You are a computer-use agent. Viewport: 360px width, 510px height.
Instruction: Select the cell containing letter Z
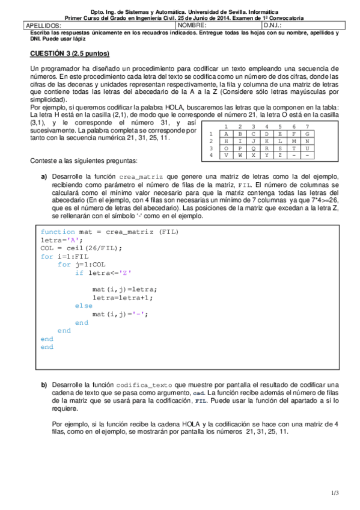click(279, 155)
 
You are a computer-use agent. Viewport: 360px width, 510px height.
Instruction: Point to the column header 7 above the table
click(307, 126)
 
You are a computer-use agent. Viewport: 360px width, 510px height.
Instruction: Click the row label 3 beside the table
click(211, 148)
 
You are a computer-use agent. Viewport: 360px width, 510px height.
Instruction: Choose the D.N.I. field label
click(273, 26)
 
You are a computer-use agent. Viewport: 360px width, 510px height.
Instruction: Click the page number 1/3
click(335, 493)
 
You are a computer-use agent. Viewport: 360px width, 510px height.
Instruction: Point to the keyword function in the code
click(58, 232)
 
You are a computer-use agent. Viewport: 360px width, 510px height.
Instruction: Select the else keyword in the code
click(84, 306)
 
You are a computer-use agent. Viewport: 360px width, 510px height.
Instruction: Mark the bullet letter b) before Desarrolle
click(44, 384)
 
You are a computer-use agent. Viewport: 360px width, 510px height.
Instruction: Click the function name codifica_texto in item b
click(144, 384)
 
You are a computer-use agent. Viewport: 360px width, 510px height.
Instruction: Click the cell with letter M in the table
click(293, 141)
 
